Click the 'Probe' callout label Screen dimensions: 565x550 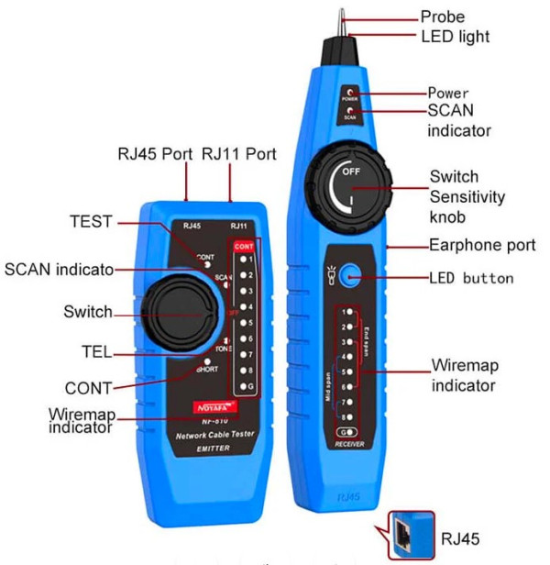[x=442, y=17]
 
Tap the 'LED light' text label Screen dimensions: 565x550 [x=456, y=37]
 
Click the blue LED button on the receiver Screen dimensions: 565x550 [x=348, y=278]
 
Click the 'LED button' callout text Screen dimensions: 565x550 [x=471, y=278]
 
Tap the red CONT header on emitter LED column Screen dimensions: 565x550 [x=244, y=247]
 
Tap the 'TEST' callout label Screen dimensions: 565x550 [x=91, y=222]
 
